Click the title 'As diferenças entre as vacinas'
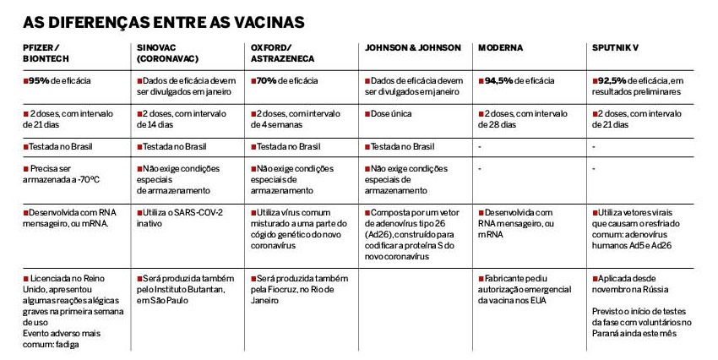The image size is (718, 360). [164, 19]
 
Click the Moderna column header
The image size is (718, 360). [501, 48]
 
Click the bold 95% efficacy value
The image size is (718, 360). [38, 80]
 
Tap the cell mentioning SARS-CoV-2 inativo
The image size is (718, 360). [181, 217]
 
